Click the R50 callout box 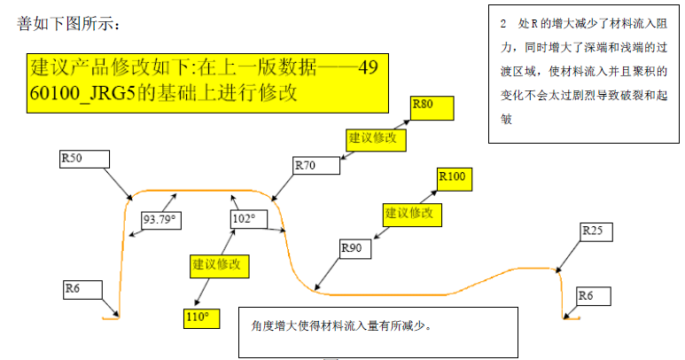[x=83, y=159]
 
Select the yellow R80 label [x=432, y=108]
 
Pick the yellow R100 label [x=454, y=177]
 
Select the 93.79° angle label [x=160, y=219]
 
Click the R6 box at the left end [x=82, y=291]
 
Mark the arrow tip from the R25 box [x=558, y=270]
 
